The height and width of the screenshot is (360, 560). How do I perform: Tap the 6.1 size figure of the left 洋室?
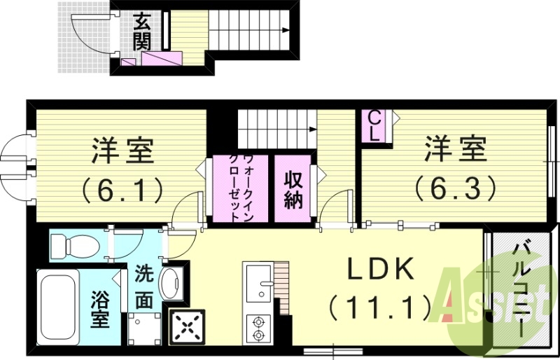click(122, 188)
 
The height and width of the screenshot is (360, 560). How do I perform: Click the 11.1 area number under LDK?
click(379, 305)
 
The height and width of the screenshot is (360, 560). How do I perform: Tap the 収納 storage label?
click(293, 189)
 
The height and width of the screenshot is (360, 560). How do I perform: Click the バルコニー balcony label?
click(521, 287)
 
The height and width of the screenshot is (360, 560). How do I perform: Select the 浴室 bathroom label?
click(99, 310)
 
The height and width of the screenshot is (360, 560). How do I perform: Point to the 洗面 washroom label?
click(143, 286)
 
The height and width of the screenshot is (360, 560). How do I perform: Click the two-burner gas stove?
click(259, 328)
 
